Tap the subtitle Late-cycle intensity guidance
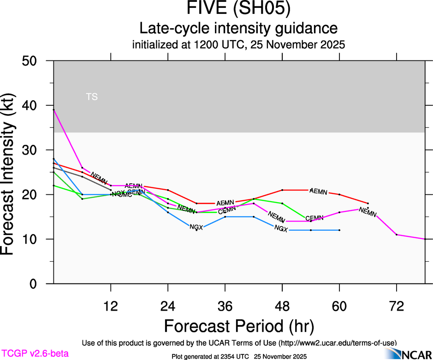pos(239,29)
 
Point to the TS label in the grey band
pos(92,97)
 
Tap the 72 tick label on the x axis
pos(397,306)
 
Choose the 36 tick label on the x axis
pos(225,306)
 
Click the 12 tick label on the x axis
pos(111,306)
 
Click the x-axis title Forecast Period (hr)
pos(239,326)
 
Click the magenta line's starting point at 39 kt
pos(54,110)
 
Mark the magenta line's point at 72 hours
pos(397,234)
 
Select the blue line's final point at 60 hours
pos(339,230)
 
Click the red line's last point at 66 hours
pos(368,203)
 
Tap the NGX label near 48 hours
pos(281,228)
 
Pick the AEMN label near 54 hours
pos(319,192)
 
